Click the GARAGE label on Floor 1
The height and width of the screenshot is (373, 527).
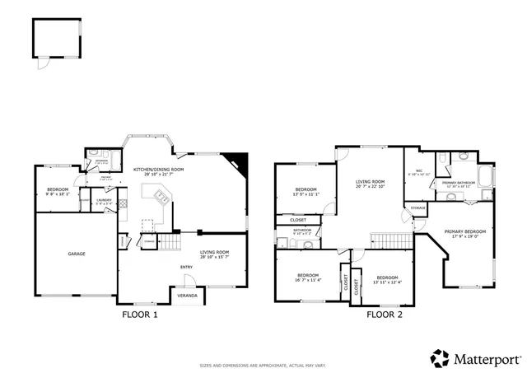coord(77,254)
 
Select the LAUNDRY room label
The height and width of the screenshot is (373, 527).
coord(104,200)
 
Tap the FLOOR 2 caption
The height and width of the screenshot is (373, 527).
coord(384,314)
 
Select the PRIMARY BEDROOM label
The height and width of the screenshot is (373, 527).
coord(465,232)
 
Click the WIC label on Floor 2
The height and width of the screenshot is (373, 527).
coord(419,171)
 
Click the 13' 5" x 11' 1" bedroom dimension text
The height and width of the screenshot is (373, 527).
coord(306,195)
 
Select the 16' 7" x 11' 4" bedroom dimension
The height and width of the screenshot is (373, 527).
coord(308,278)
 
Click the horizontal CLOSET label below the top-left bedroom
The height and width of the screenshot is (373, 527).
coord(298,220)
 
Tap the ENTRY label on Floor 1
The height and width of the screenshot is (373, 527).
coord(186,267)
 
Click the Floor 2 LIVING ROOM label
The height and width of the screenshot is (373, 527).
coord(370,182)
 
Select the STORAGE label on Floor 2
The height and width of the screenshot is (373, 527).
coord(419,208)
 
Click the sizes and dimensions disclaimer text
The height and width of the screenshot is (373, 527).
coord(263,363)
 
